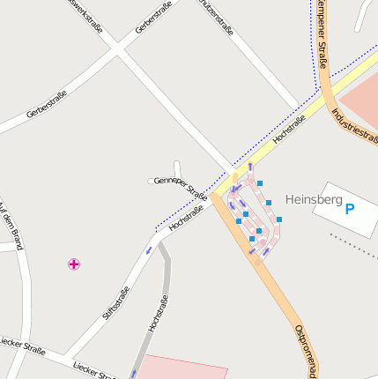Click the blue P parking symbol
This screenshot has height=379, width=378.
coord(350,209)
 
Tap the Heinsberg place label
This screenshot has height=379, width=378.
coord(315,200)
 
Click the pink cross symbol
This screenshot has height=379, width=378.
coord(74,264)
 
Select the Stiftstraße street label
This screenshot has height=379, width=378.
coord(115,301)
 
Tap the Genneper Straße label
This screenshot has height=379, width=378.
coord(180,188)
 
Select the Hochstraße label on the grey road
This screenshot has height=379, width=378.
coord(158,313)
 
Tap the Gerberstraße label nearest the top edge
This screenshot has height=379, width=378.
coord(153,18)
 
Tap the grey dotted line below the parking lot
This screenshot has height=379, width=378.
coord(353,242)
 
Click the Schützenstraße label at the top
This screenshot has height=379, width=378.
coord(217,18)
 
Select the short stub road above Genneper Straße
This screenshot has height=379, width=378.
coord(177,169)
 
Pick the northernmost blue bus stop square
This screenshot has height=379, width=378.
coord(259,183)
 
